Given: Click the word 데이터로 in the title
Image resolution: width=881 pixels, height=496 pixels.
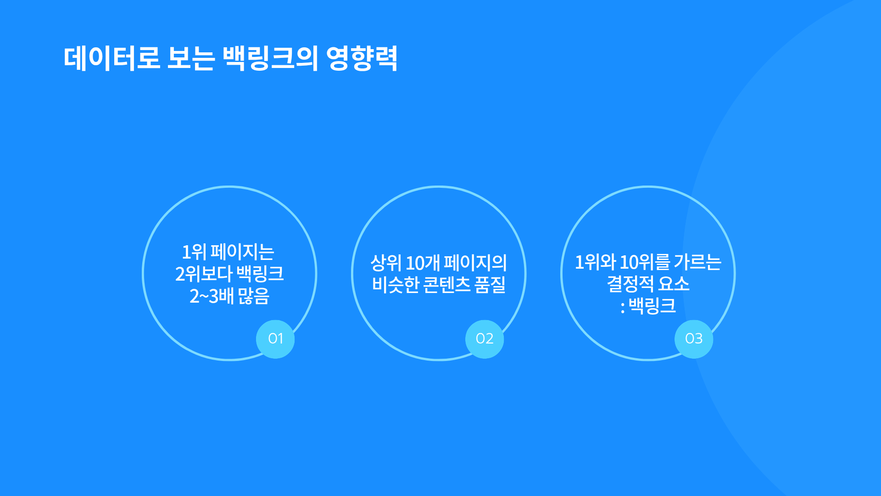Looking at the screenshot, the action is click(112, 58).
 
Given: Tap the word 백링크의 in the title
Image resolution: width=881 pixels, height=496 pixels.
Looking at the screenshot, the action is click(270, 58).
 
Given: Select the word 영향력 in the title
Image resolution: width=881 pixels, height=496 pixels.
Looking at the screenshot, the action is click(362, 58).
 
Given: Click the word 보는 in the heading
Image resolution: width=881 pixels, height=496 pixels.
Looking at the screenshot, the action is click(191, 58).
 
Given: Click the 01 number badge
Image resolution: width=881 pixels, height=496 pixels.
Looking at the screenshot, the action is click(275, 339).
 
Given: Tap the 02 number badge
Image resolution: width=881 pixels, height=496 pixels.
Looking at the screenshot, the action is click(485, 339).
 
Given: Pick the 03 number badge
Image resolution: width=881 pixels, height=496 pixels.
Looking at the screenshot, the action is click(694, 339).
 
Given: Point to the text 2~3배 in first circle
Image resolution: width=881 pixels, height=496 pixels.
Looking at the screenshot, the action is click(212, 296).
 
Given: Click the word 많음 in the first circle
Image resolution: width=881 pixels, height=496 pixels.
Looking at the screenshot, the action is click(254, 296).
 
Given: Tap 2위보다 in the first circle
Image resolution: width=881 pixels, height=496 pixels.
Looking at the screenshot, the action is click(204, 274).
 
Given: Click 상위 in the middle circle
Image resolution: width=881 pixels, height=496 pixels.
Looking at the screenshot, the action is click(386, 263).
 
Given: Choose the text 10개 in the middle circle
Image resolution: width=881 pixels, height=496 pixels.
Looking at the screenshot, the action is click(423, 263).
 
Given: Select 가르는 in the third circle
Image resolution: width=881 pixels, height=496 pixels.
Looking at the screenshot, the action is click(698, 262).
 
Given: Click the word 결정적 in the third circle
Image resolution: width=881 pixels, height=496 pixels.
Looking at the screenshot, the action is click(630, 284).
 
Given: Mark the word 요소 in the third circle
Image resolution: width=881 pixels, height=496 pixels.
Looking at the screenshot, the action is click(674, 284).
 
